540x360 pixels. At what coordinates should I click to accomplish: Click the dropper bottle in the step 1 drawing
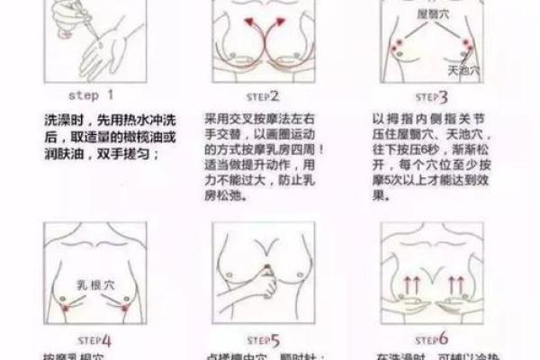(77, 27)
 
